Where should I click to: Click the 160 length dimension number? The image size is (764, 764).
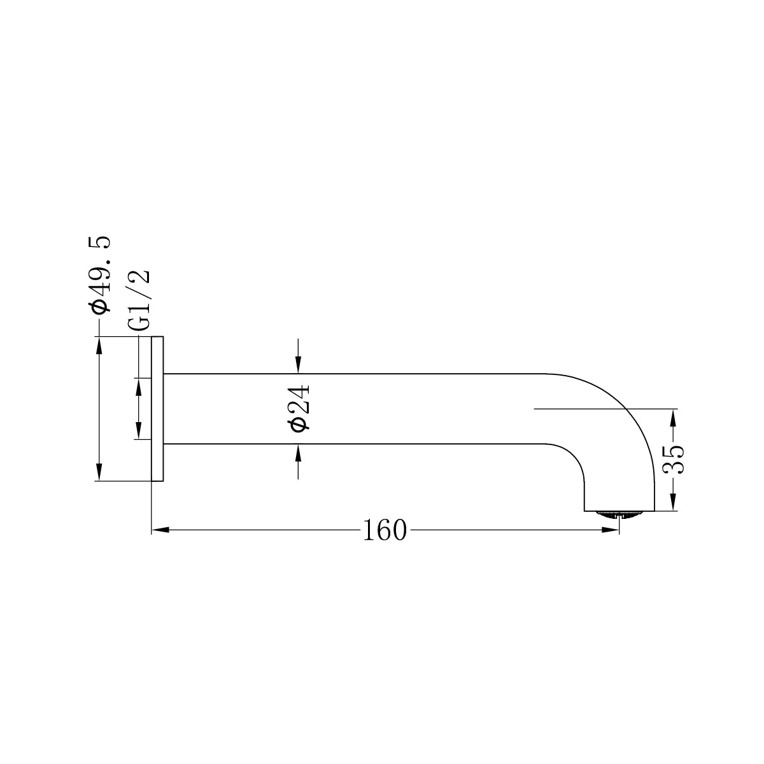[384, 530]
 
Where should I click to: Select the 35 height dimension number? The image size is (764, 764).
[673, 459]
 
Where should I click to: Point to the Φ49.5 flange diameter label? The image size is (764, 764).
[100, 274]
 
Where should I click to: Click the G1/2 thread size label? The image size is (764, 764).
[139, 300]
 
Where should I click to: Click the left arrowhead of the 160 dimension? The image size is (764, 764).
[160, 530]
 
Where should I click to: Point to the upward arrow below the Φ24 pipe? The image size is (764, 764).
[298, 452]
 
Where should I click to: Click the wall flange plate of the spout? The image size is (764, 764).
[157, 408]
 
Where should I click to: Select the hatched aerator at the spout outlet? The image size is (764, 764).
[619, 514]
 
